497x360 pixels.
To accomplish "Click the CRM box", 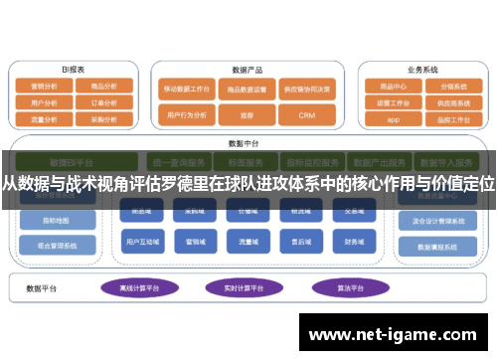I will (x=307, y=115).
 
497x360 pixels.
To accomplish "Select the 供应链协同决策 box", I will (x=307, y=88).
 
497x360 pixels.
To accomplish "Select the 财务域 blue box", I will (x=354, y=242).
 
